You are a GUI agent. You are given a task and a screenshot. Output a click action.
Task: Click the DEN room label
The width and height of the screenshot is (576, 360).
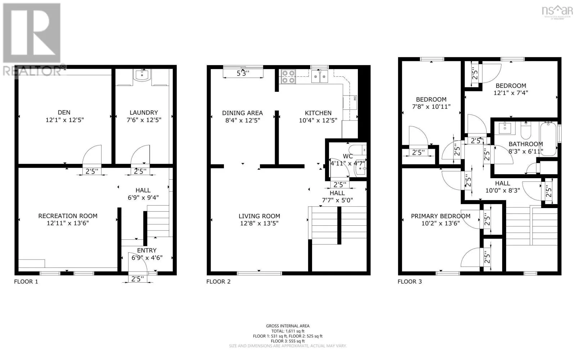(64, 112)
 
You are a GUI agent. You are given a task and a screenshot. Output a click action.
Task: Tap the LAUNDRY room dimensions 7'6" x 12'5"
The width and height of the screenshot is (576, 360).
(144, 120)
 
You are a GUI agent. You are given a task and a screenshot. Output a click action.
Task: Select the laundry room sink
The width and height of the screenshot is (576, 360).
(143, 75)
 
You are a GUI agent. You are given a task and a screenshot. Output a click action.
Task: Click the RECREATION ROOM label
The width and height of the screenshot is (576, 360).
(68, 216)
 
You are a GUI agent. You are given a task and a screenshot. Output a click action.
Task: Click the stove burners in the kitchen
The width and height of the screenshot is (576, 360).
(288, 77)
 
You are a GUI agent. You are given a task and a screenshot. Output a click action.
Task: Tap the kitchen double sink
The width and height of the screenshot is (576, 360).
(320, 77)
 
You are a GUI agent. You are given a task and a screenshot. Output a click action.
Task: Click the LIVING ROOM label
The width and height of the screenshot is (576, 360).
(259, 216)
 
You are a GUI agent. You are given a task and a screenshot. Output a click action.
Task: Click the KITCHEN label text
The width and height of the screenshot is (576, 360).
(318, 113)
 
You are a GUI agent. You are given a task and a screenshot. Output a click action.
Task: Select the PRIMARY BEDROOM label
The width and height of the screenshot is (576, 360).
(441, 216)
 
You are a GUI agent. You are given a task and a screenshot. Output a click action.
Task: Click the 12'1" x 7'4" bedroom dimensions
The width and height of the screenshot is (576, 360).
(511, 93)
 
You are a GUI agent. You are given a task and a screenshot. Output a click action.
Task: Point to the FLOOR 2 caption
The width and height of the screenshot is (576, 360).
(218, 282)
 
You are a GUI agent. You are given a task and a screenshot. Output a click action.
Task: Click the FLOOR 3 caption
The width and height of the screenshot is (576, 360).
(410, 282)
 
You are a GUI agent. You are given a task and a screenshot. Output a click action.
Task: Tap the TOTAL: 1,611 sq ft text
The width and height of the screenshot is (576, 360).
(288, 331)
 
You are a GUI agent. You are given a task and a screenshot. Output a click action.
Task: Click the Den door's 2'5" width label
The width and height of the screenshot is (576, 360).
(92, 171)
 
